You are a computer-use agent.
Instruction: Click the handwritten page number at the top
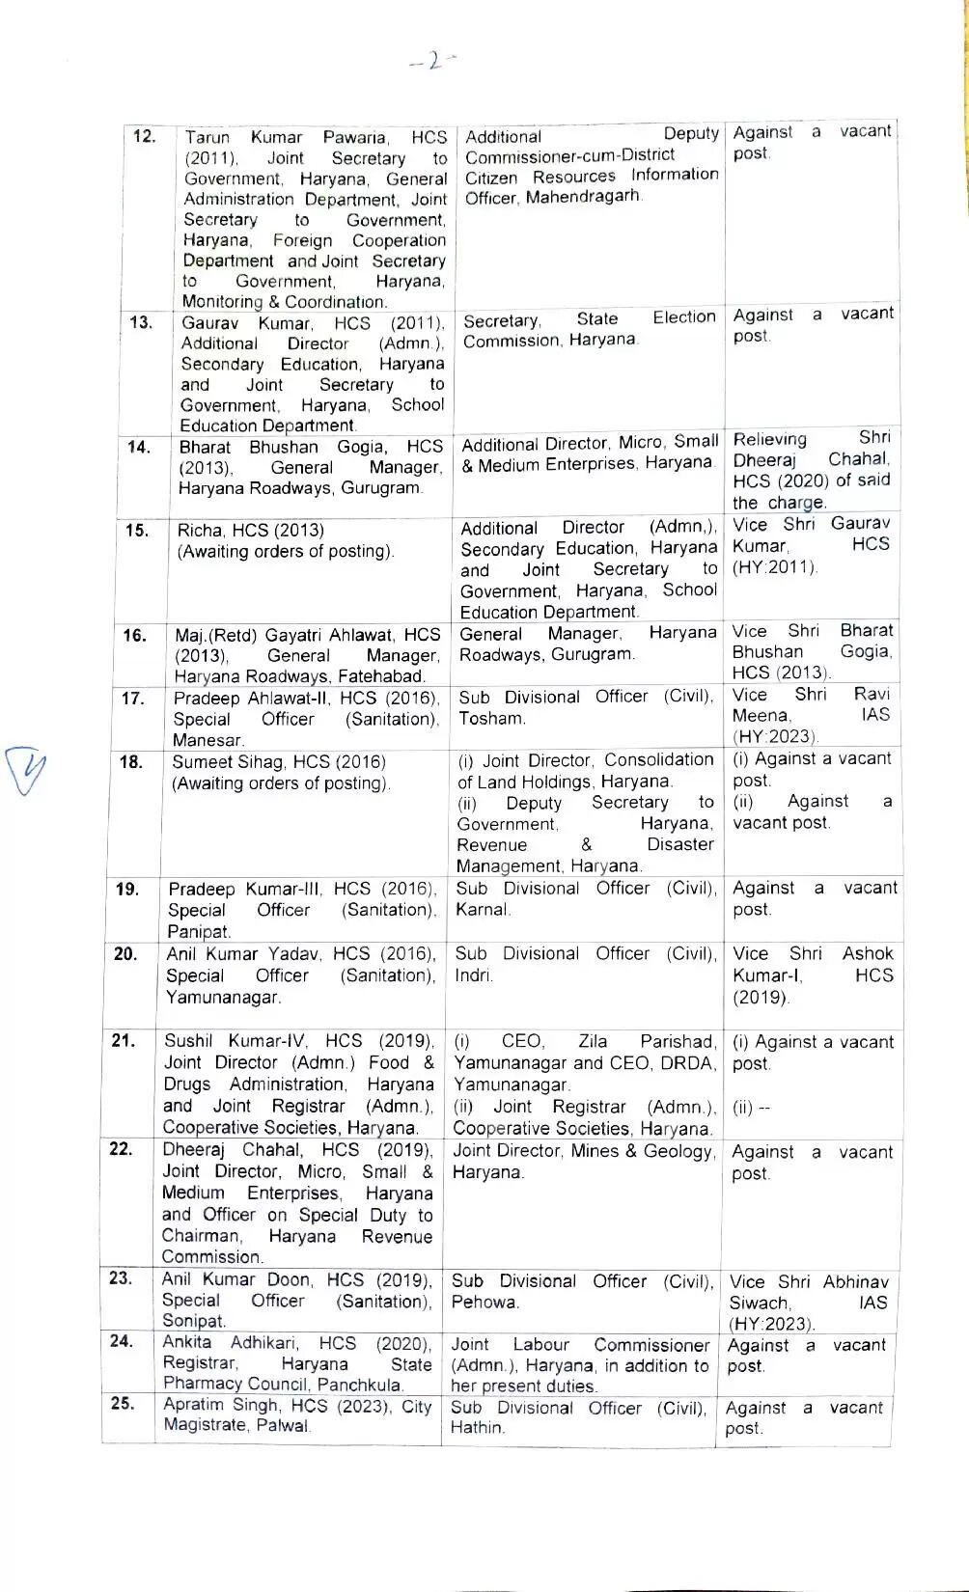pyautogui.click(x=431, y=61)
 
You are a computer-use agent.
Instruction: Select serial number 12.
pyautogui.click(x=144, y=136)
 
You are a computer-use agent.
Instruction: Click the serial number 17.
pyautogui.click(x=133, y=698)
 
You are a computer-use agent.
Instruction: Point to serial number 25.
pyautogui.click(x=123, y=1403)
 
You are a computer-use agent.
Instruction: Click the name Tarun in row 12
pyautogui.click(x=208, y=138)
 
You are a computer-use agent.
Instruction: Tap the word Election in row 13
pyautogui.click(x=683, y=317)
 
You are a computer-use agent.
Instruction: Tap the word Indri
pyautogui.click(x=473, y=975)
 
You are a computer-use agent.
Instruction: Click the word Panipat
pyautogui.click(x=199, y=931)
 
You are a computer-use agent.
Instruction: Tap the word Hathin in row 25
pyautogui.click(x=477, y=1427)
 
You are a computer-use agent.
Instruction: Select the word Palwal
pyautogui.click(x=283, y=1425)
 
